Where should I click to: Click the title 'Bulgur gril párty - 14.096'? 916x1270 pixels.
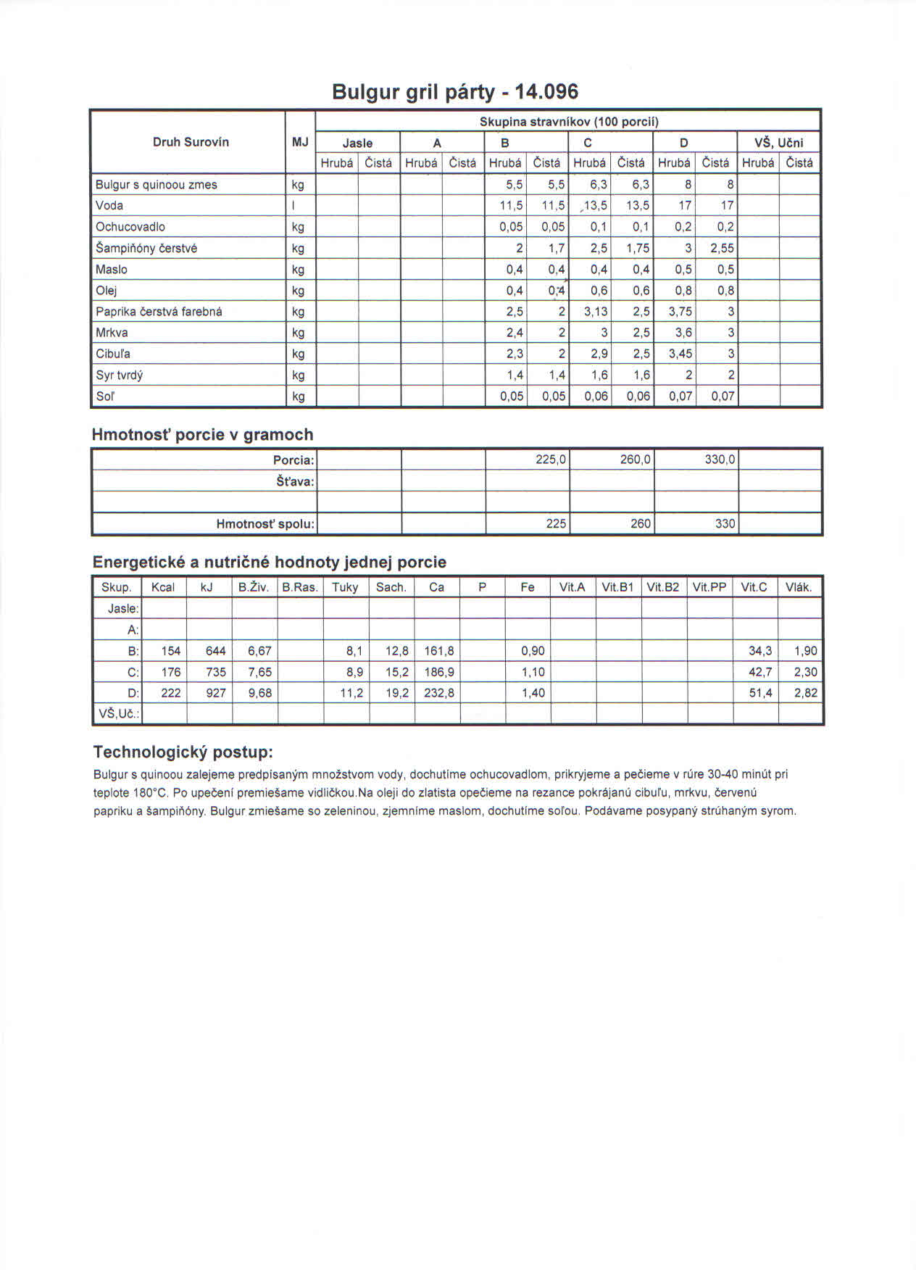455,92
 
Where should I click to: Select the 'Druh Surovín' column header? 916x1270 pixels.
191,142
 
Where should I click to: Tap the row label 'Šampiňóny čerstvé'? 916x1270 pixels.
146,248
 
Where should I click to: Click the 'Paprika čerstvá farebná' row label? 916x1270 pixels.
159,312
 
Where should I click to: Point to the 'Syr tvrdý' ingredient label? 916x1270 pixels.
120,375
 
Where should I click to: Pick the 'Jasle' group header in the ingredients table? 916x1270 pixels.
357,143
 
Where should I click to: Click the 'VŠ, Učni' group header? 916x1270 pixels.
779,143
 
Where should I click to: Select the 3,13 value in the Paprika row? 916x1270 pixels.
596,312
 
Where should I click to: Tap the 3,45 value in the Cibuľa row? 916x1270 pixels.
680,354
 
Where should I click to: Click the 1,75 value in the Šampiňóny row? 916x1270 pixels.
638,248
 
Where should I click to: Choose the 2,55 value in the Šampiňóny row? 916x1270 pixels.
722,248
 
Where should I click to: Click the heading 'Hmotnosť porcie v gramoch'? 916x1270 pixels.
202,434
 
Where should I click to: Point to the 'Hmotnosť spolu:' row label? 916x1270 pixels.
265,523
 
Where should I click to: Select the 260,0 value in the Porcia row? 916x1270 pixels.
635,460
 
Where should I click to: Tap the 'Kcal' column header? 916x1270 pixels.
163,587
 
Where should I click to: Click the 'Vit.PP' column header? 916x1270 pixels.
709,587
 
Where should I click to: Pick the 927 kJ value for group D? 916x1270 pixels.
216,693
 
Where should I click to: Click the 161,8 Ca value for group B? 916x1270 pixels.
439,651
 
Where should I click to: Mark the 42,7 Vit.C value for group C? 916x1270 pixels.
759,672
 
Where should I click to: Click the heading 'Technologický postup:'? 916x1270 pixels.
183,751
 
